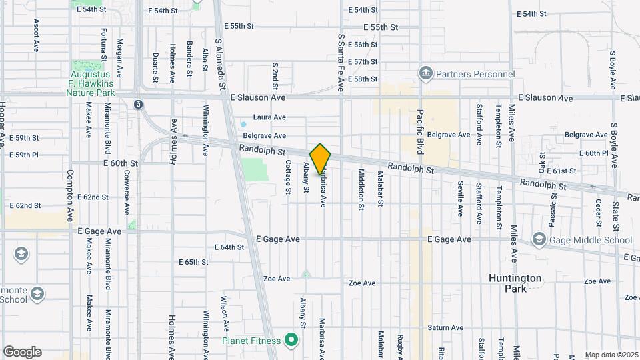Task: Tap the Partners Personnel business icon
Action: (425, 72)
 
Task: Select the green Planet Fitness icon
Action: (291, 340)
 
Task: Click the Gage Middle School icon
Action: (538, 239)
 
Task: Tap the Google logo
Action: (22, 351)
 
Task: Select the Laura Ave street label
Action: (270, 117)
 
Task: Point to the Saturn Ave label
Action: (445, 327)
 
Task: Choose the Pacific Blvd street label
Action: (421, 131)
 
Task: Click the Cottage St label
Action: (289, 177)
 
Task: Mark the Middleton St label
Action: (361, 189)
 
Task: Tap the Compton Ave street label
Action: (70, 195)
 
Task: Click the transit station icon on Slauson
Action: (137, 105)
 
